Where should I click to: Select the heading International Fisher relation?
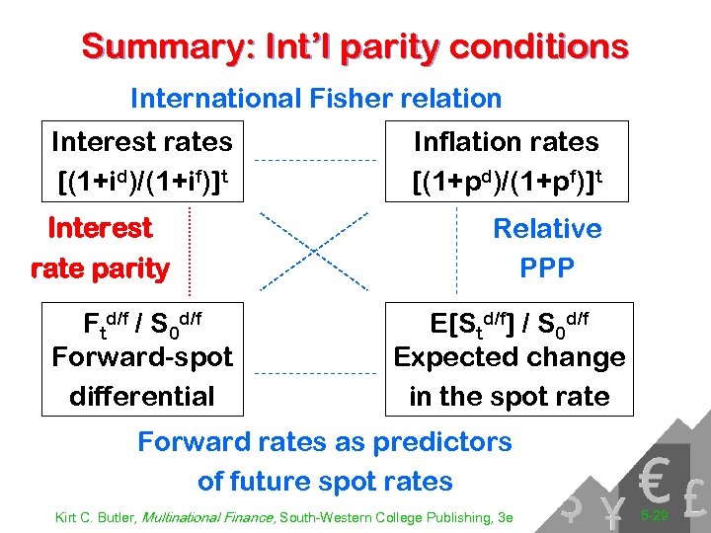click(x=316, y=99)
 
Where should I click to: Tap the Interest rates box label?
click(x=141, y=142)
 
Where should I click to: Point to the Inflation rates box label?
click(x=506, y=142)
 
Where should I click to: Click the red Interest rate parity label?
click(x=100, y=248)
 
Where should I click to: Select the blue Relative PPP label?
click(x=546, y=248)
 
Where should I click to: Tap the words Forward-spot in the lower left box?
click(x=142, y=356)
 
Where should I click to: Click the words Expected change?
click(x=510, y=356)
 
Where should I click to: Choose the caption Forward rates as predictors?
click(x=325, y=441)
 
